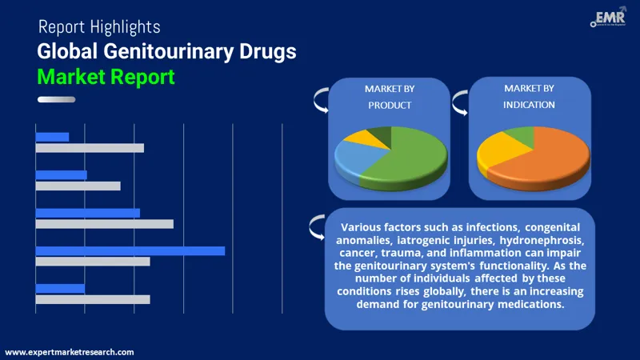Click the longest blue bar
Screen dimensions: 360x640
[130, 250]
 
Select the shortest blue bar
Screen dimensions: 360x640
[52, 137]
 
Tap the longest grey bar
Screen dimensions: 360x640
[104, 224]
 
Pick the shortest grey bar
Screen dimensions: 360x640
[78, 186]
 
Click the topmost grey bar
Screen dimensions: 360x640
[90, 148]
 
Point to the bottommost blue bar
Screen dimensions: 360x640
[60, 288]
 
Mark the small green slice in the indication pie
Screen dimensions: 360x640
[521, 134]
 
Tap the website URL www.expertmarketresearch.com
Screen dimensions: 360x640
[70, 352]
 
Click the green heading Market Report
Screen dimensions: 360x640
[105, 78]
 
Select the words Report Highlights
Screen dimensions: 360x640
[98, 28]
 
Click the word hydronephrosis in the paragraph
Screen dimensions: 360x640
[545, 240]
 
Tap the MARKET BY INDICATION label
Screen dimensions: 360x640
[530, 96]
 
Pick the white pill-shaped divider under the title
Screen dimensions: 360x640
[56, 99]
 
